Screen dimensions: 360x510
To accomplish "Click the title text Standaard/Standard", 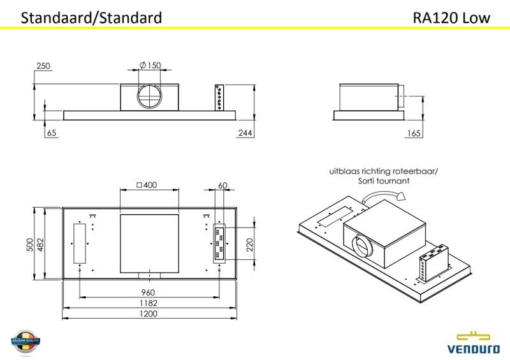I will (x=91, y=17).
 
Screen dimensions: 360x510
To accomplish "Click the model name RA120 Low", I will (x=451, y=17).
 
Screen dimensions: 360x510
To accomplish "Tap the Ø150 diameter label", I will (x=150, y=66).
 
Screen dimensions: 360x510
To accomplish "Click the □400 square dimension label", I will (x=147, y=185).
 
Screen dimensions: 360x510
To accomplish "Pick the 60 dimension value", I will (x=222, y=185).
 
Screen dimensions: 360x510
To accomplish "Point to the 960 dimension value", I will (x=149, y=292).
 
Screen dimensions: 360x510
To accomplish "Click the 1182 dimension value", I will (x=149, y=303).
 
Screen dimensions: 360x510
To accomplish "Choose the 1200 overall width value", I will (x=149, y=313).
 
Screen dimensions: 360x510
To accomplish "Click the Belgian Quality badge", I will (x=26, y=343).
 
